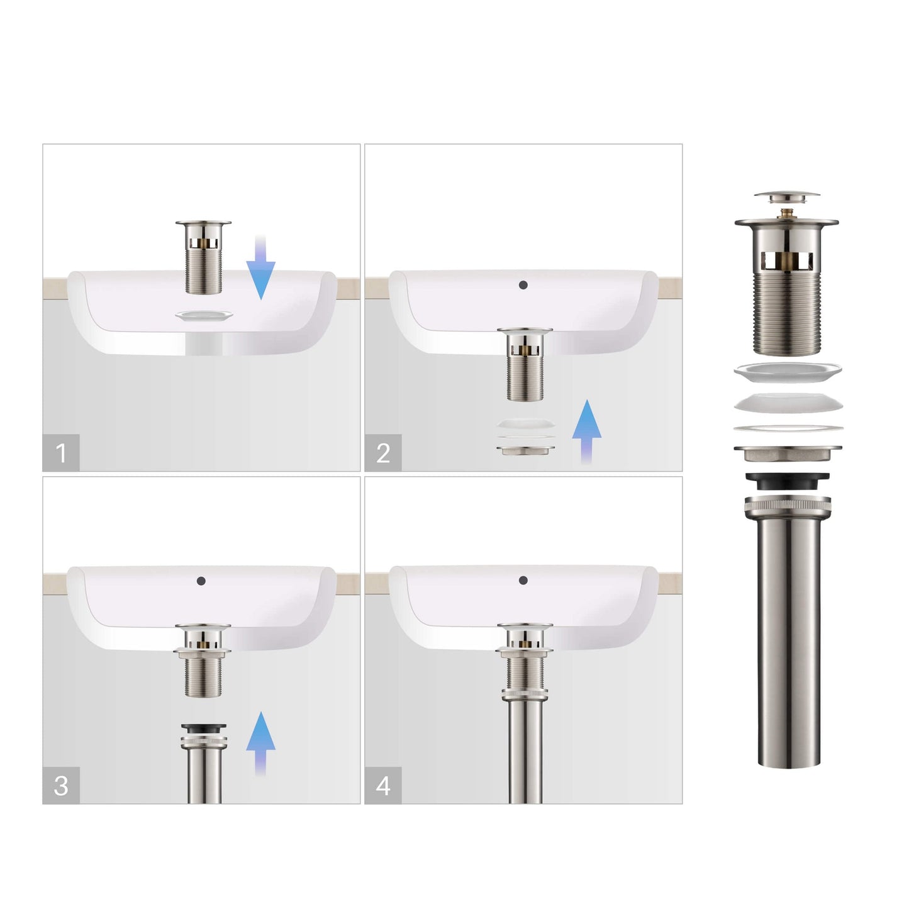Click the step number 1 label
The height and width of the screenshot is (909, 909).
[61, 452]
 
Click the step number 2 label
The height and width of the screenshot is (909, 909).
[383, 452]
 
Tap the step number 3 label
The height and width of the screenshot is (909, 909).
[61, 785]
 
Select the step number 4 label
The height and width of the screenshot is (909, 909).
[383, 785]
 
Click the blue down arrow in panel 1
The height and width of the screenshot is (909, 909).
[260, 267]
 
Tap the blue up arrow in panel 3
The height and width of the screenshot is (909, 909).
[260, 742]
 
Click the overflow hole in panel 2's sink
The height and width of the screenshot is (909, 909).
[523, 285]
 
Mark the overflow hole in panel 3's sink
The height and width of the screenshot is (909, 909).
[201, 581]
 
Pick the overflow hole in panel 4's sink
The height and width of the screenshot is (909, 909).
[523, 581]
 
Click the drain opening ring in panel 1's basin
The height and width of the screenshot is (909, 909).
[204, 315]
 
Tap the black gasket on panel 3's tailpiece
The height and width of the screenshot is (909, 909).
[203, 728]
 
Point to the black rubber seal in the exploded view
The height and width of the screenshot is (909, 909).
[787, 481]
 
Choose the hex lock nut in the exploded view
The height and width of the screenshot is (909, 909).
[787, 454]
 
